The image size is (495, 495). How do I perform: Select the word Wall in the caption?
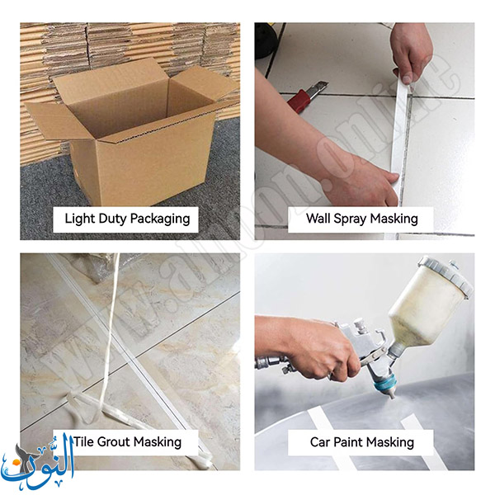pyautogui.click(x=318, y=218)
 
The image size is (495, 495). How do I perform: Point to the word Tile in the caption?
pyautogui.click(x=83, y=441)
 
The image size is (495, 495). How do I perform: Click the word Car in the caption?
pyautogui.click(x=320, y=442)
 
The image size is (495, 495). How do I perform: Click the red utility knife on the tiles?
pyautogui.click(x=307, y=97)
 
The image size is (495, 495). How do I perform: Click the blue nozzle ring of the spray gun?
pyautogui.click(x=385, y=382)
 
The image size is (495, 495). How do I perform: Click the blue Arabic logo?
pyautogui.click(x=37, y=461)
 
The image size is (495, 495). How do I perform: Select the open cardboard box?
pyautogui.click(x=133, y=133)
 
